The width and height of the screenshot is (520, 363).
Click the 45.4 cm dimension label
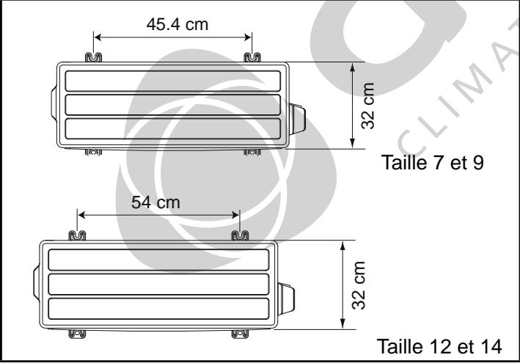click(177, 24)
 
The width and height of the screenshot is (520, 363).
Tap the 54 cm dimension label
click(156, 202)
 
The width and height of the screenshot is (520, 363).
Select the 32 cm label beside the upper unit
click(367, 106)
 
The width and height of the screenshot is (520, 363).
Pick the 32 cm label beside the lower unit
click(359, 285)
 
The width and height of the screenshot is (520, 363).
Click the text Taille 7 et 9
click(433, 162)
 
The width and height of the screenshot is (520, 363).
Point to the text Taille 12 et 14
click(439, 346)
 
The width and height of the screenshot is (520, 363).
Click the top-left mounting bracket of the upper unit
click(94, 57)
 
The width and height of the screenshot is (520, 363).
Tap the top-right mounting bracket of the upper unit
click(252, 57)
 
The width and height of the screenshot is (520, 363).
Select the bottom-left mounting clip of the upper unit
click(94, 152)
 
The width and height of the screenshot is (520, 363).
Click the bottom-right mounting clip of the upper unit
click(252, 152)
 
